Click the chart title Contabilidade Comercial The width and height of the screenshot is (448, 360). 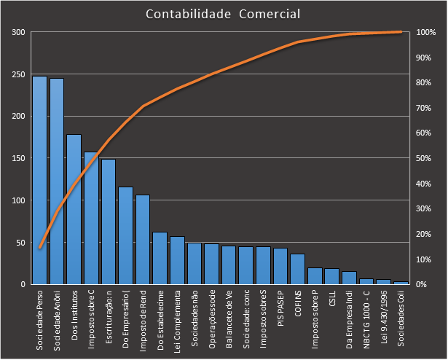(222, 14)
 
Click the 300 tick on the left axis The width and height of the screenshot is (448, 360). (18, 33)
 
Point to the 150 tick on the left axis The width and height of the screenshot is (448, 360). (18, 158)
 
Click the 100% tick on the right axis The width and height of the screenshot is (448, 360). (426, 33)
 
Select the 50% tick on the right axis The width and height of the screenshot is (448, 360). (424, 158)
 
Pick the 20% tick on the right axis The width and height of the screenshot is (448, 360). (424, 234)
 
